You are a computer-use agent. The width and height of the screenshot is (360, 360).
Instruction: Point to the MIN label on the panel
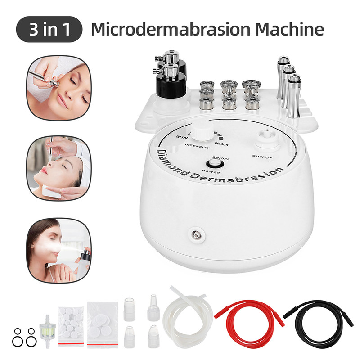tap(182, 136)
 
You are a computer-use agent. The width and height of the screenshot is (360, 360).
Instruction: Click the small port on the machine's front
tap(195, 234)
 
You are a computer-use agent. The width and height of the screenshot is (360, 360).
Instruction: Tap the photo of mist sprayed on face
tap(58, 250)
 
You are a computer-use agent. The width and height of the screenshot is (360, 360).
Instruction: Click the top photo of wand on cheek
tap(58, 89)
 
